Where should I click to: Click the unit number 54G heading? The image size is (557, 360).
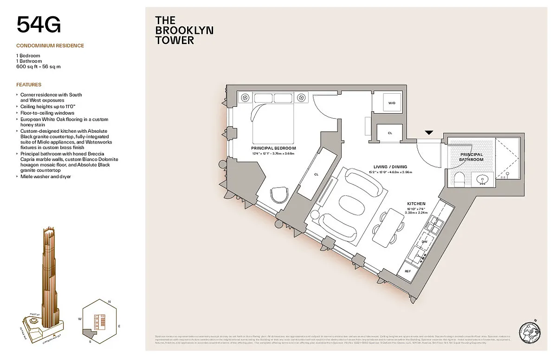pos(39,25)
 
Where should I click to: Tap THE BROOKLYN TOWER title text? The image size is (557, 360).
pos(184,30)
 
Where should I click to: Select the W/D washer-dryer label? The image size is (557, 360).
pos(391,103)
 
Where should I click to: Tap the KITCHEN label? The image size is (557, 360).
pos(416,204)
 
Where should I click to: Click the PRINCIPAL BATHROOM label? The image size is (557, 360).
pos(472,157)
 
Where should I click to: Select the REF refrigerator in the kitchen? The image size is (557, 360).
pos(408,271)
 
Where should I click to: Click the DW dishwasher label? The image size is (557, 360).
pos(424,242)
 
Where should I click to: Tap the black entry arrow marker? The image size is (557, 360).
pos(429,133)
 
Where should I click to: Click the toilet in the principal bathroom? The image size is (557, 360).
pos(459,180)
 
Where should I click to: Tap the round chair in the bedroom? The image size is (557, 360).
pos(279,194)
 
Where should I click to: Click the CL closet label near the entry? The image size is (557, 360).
pos(389,133)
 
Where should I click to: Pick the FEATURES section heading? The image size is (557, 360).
pos(29,85)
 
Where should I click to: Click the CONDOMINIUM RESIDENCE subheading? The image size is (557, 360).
pos(50,46)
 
